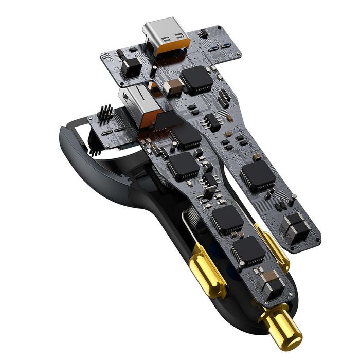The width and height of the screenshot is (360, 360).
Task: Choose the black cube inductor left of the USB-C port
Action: click(132, 65)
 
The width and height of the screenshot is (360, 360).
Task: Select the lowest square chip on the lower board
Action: click(248, 251)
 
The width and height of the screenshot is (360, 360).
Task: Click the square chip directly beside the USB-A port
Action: click(185, 135)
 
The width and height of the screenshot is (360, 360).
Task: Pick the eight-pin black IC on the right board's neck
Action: click(212, 122)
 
